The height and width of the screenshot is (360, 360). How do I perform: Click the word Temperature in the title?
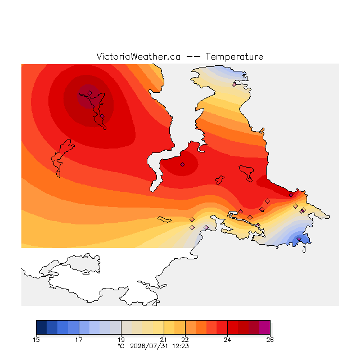(x=234, y=56)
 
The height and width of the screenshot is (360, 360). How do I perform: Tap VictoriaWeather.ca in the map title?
(x=138, y=56)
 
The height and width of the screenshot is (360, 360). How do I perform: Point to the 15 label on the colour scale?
(x=36, y=340)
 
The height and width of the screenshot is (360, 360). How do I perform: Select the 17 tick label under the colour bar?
(x=79, y=340)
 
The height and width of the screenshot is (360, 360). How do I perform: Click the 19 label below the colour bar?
(x=121, y=340)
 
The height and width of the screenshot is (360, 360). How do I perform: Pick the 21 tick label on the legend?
(x=164, y=340)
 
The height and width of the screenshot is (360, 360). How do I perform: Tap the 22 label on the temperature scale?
(x=185, y=340)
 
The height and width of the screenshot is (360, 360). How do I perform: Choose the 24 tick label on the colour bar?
(x=227, y=340)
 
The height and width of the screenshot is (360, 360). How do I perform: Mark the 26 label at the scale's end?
(x=270, y=340)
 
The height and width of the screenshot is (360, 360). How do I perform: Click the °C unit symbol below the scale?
(x=121, y=346)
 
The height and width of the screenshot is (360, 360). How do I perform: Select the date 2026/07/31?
(x=149, y=346)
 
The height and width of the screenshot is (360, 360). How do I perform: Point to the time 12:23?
(x=181, y=346)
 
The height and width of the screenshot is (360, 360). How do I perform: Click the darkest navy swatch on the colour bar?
(x=41, y=327)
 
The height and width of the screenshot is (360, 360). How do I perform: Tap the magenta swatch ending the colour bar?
(x=265, y=327)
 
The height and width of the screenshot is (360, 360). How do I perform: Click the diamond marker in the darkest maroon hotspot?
(x=90, y=93)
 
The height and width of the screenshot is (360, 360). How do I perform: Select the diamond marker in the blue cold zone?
(x=299, y=238)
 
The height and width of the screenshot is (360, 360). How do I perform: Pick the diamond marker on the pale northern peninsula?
(x=234, y=84)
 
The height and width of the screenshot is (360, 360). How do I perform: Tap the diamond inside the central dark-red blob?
(x=182, y=164)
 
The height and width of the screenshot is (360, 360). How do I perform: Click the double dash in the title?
(x=193, y=57)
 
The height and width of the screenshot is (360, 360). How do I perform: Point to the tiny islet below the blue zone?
(x=304, y=250)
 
